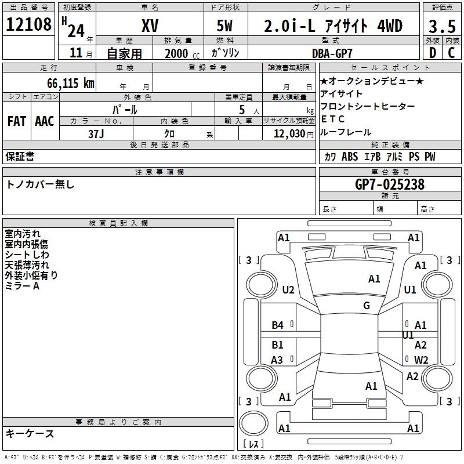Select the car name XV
(150, 26)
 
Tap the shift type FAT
(16, 121)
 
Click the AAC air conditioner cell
(45, 121)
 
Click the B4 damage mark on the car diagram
(278, 325)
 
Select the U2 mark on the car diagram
(288, 290)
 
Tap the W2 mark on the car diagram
(421, 360)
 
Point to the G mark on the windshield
(367, 306)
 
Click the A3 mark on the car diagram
(277, 360)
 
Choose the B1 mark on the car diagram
(278, 345)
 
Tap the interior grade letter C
(451, 53)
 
